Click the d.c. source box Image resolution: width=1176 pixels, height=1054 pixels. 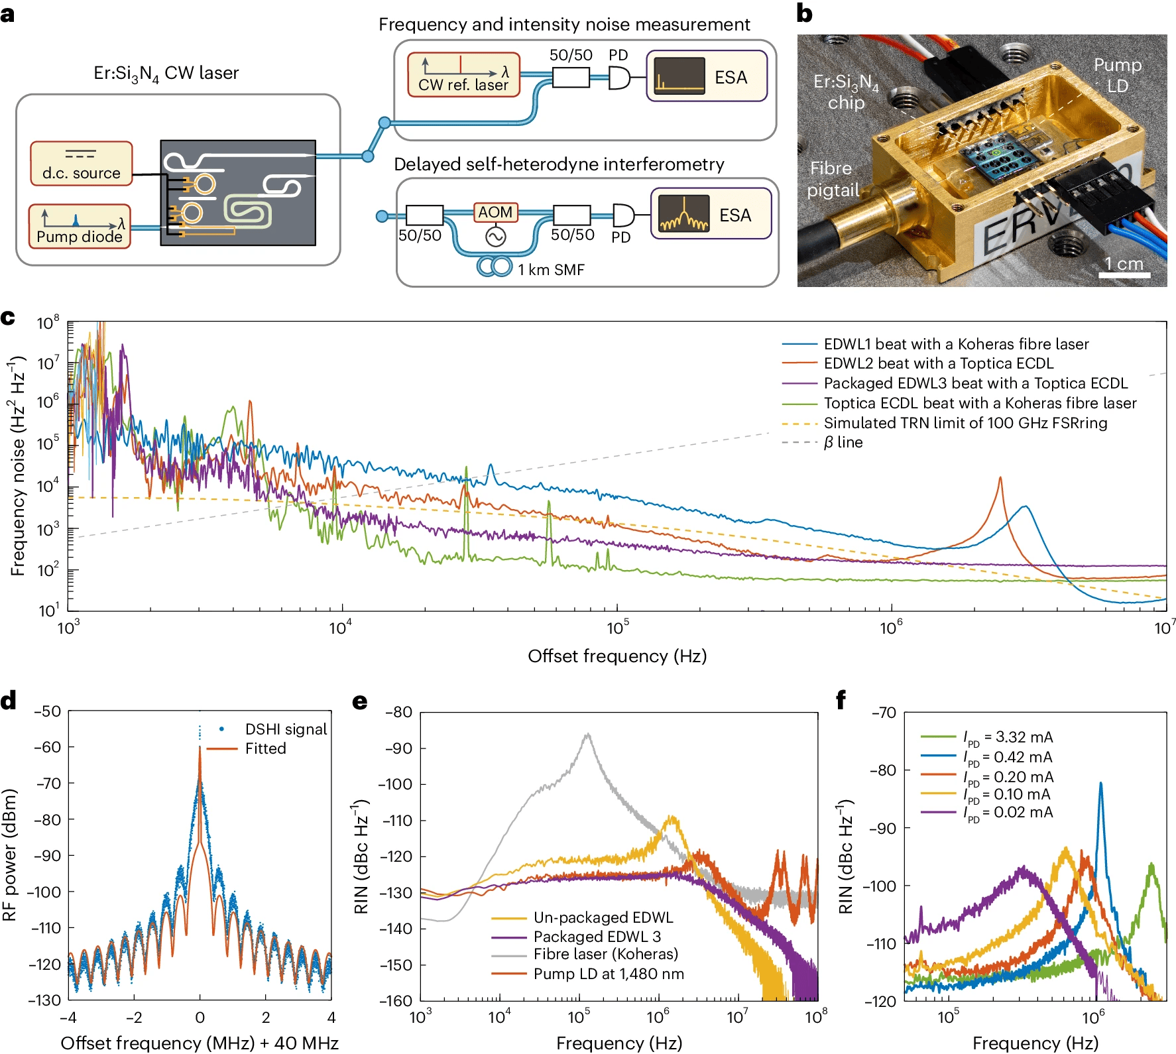click(81, 163)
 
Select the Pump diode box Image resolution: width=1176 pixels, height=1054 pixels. click(80, 227)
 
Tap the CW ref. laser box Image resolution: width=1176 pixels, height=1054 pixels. click(463, 75)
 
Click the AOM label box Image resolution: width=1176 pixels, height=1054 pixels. click(495, 212)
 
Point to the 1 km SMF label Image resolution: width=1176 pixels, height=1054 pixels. click(551, 270)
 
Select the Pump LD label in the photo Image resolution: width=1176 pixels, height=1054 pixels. click(1118, 75)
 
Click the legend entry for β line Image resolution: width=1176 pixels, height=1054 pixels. click(843, 442)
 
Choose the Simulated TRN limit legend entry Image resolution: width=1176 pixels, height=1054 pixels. click(965, 423)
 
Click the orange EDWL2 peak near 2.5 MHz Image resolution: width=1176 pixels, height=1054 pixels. click(1000, 479)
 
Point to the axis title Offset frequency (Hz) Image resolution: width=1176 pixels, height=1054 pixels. click(617, 656)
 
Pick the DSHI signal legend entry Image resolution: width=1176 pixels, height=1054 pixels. click(285, 729)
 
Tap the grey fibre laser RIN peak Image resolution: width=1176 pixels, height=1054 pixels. click(587, 734)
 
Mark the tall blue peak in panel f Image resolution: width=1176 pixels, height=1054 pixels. click(1101, 784)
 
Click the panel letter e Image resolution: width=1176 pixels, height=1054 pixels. click(360, 701)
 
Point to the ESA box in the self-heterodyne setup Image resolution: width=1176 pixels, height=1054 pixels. click(711, 214)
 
